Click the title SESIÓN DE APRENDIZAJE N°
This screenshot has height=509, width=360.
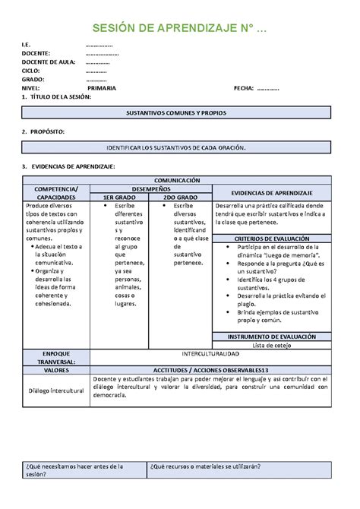coord(179,28)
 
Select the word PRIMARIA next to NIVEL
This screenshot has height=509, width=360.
coord(101,89)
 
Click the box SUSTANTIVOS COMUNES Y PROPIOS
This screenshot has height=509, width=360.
coord(176,112)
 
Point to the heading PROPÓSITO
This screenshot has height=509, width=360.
coord(46,132)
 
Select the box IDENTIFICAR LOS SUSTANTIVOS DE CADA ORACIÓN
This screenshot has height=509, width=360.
coord(176,150)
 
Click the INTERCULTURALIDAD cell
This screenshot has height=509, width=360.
coord(210,354)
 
